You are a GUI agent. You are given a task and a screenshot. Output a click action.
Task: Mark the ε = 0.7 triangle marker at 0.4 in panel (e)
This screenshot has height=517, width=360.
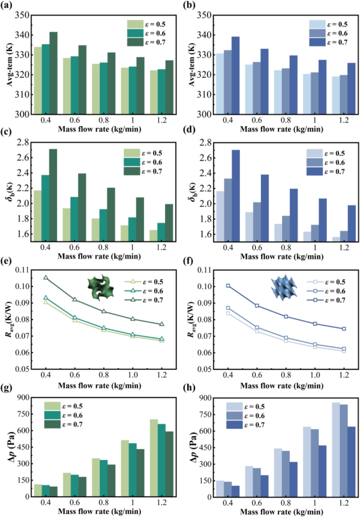pos(46,278)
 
